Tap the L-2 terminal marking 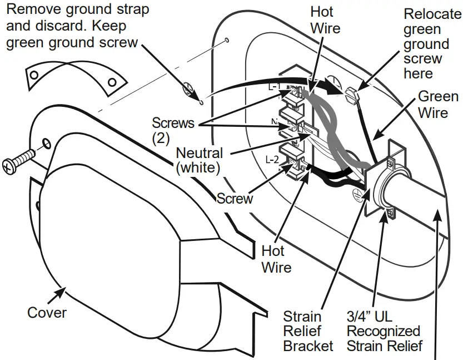(272, 159)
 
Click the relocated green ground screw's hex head (351, 94)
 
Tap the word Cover (47, 313)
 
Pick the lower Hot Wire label (276, 259)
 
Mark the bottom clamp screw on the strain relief (391, 213)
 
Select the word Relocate (432, 14)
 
